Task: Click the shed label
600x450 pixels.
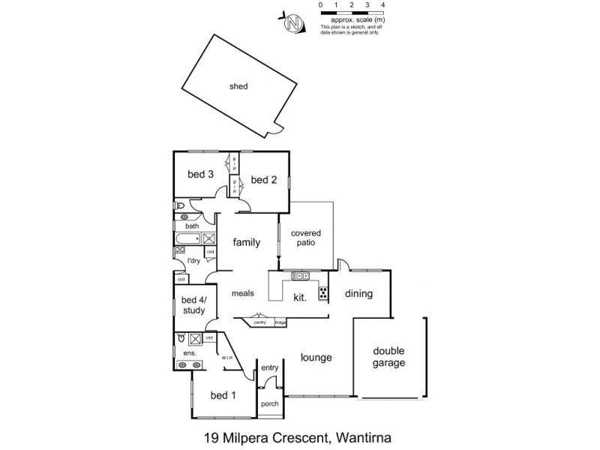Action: click(x=238, y=86)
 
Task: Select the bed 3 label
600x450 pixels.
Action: click(x=200, y=175)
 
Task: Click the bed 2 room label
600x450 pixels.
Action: click(x=263, y=179)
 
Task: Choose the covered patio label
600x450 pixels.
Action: click(x=308, y=238)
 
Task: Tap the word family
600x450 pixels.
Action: click(x=246, y=242)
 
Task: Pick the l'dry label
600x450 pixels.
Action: click(x=193, y=260)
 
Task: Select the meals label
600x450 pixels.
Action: click(x=244, y=294)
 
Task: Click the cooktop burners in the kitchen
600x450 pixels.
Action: click(x=323, y=293)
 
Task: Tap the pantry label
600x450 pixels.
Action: click(x=259, y=322)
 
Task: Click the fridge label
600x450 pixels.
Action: click(x=280, y=322)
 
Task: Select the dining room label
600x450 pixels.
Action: click(x=358, y=294)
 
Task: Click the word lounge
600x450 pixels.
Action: click(x=316, y=358)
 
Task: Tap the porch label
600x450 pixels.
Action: click(x=269, y=403)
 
